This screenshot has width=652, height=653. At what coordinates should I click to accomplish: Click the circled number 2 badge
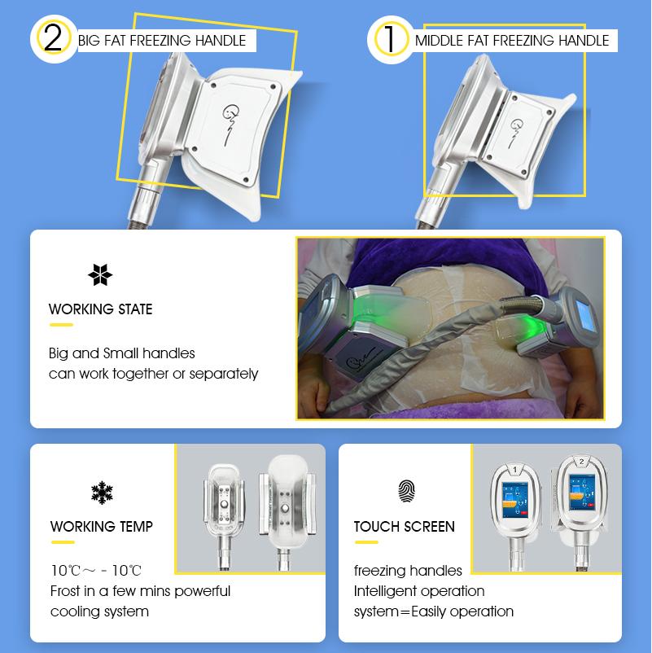(53, 39)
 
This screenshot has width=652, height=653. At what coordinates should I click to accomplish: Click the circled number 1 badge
(391, 39)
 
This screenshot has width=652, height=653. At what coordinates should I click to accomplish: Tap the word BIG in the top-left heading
(89, 41)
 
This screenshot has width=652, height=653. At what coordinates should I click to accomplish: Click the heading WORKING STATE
(101, 309)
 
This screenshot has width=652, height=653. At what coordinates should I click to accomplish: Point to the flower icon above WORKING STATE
(100, 275)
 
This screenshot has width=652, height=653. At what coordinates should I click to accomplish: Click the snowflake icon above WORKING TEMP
(102, 493)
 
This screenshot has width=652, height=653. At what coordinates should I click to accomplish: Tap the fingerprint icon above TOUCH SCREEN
(406, 491)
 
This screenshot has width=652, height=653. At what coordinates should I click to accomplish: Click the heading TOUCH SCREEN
(405, 527)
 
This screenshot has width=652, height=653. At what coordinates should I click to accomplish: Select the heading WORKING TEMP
(102, 527)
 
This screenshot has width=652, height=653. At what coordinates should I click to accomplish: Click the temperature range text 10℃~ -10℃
(96, 570)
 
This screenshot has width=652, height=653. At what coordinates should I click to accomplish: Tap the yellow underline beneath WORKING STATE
(62, 325)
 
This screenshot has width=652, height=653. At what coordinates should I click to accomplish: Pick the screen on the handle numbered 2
(582, 493)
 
